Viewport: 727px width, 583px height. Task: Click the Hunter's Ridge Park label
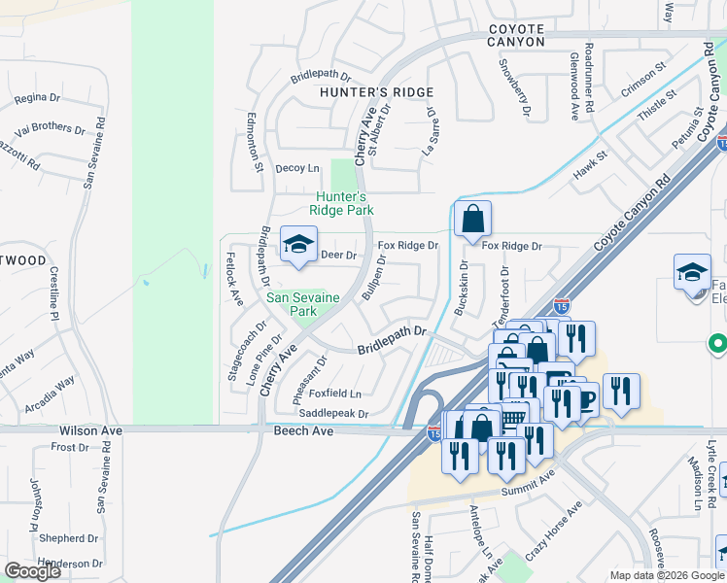pyautogui.click(x=341, y=202)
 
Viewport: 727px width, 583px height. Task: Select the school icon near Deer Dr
pyautogui.click(x=298, y=246)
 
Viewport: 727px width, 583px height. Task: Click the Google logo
pyautogui.click(x=32, y=571)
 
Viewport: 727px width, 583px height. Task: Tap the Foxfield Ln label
pyautogui.click(x=334, y=394)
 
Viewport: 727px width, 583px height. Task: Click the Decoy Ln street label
pyautogui.click(x=297, y=168)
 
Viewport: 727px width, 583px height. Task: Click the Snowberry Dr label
pyautogui.click(x=515, y=89)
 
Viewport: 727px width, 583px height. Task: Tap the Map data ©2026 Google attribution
pyautogui.click(x=667, y=575)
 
